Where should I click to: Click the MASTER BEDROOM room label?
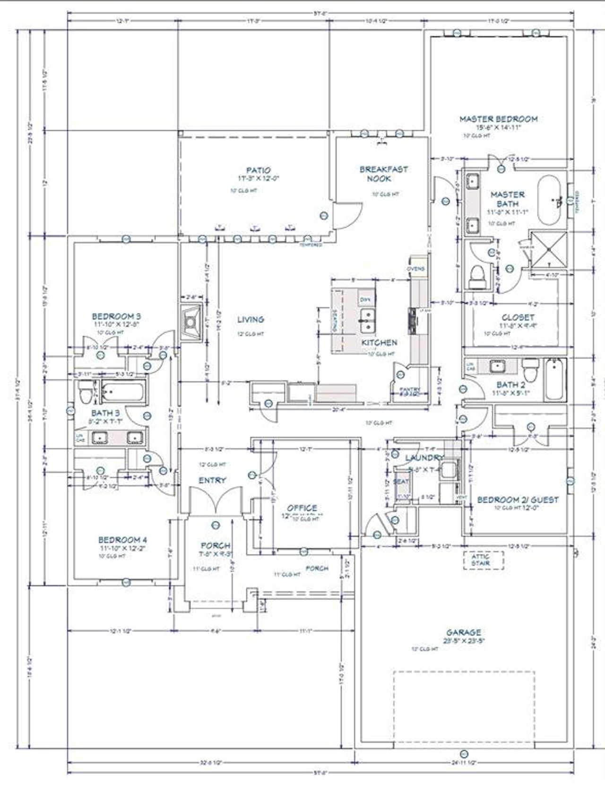[x=499, y=119]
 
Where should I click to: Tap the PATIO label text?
[x=258, y=170]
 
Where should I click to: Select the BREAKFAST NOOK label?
[x=383, y=174]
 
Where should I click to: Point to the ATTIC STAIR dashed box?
[x=483, y=560]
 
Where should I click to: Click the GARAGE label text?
[x=464, y=632]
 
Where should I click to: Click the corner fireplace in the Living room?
[x=190, y=322]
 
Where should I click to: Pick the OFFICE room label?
[x=302, y=508]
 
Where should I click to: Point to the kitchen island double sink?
[x=366, y=321]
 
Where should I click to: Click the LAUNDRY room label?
[x=424, y=457]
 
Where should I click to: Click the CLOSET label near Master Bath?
[x=518, y=317]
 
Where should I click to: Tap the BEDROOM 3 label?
[x=116, y=316]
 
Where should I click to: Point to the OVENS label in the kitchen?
[x=415, y=269]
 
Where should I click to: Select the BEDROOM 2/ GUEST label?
[x=517, y=500]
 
